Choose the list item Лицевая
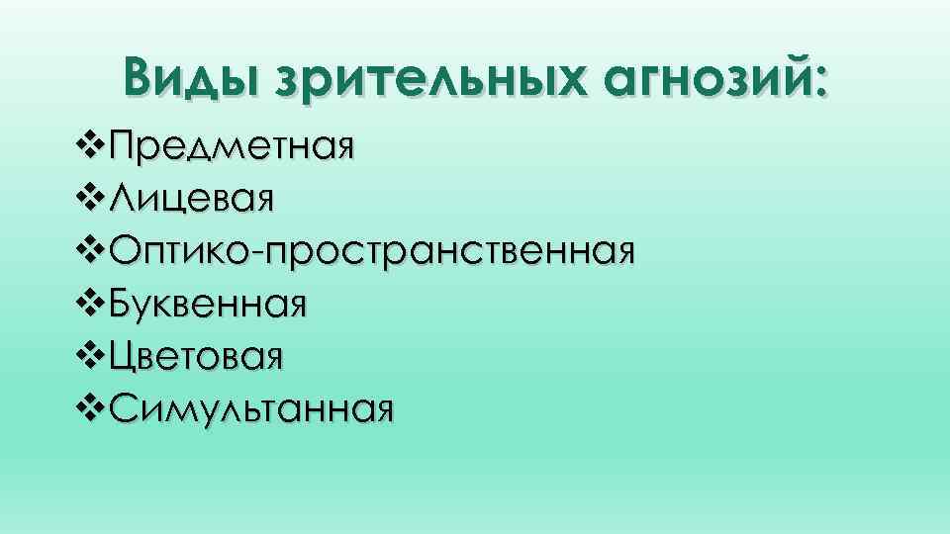[x=191, y=200]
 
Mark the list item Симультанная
[x=252, y=406]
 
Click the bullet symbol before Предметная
[x=92, y=148]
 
